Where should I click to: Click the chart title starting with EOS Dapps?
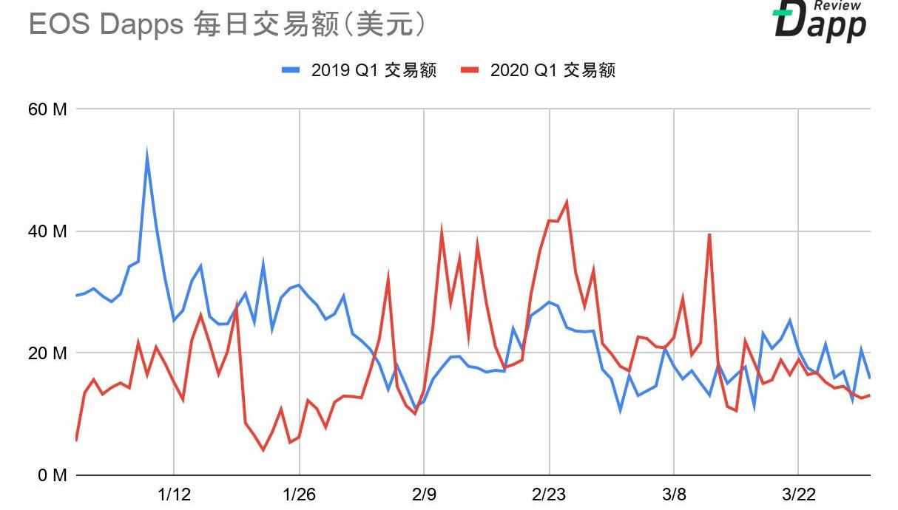228,24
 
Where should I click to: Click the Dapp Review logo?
820,20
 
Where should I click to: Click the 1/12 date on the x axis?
174,494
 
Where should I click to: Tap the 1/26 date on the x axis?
299,494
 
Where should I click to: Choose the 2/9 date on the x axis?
424,494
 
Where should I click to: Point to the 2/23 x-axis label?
548,494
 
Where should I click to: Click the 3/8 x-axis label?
673,494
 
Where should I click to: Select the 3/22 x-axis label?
798,494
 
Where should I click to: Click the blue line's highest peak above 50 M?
146,156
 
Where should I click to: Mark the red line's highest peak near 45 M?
567,201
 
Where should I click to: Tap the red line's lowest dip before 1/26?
263,449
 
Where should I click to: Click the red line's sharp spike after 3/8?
709,234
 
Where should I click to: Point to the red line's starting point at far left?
76,441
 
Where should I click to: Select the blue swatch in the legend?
291,70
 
